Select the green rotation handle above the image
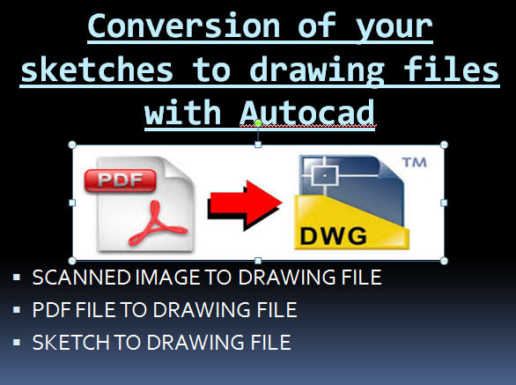(258, 124)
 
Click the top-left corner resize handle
(71, 144)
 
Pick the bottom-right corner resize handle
(443, 261)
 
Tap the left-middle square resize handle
(71, 203)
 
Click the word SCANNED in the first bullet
(70, 278)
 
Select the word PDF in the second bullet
(47, 310)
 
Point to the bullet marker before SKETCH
(18, 342)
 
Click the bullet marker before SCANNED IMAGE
(18, 278)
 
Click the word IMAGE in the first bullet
(141, 278)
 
